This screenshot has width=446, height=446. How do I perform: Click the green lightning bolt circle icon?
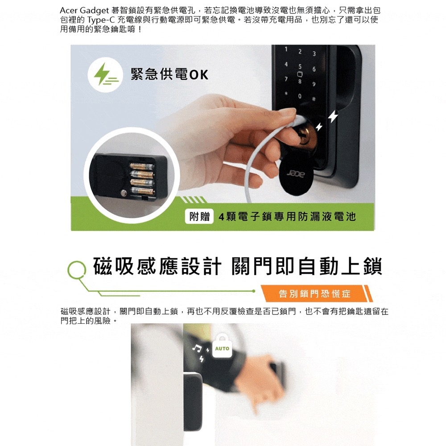[101, 74]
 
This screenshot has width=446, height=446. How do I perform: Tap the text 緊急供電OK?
[169, 74]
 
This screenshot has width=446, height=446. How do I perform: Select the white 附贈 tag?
[199, 217]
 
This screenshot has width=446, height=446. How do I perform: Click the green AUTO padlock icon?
[222, 347]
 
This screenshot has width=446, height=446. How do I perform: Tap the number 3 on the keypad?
[314, 54]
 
